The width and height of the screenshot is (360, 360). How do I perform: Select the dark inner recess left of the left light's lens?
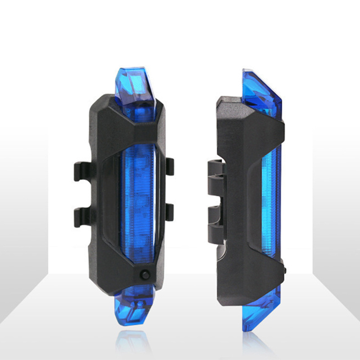pyautogui.click(x=110, y=198)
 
